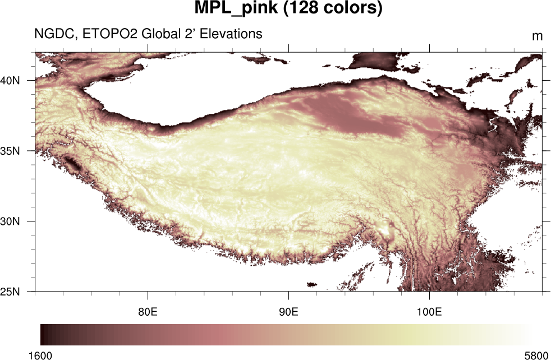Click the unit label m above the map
537,36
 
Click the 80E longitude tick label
148,311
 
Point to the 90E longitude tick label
288,311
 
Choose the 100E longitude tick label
429,311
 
